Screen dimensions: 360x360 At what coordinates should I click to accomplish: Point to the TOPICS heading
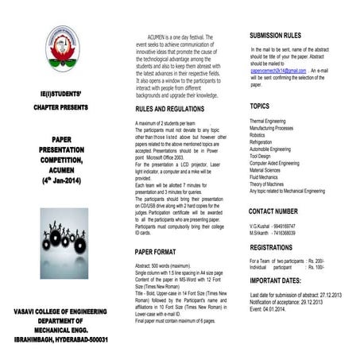click(x=260, y=106)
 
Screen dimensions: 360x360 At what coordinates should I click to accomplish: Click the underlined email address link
click(x=277, y=71)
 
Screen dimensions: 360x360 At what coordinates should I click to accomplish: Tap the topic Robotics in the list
click(x=260, y=134)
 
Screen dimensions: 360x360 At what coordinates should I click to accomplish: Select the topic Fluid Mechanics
click(x=267, y=177)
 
